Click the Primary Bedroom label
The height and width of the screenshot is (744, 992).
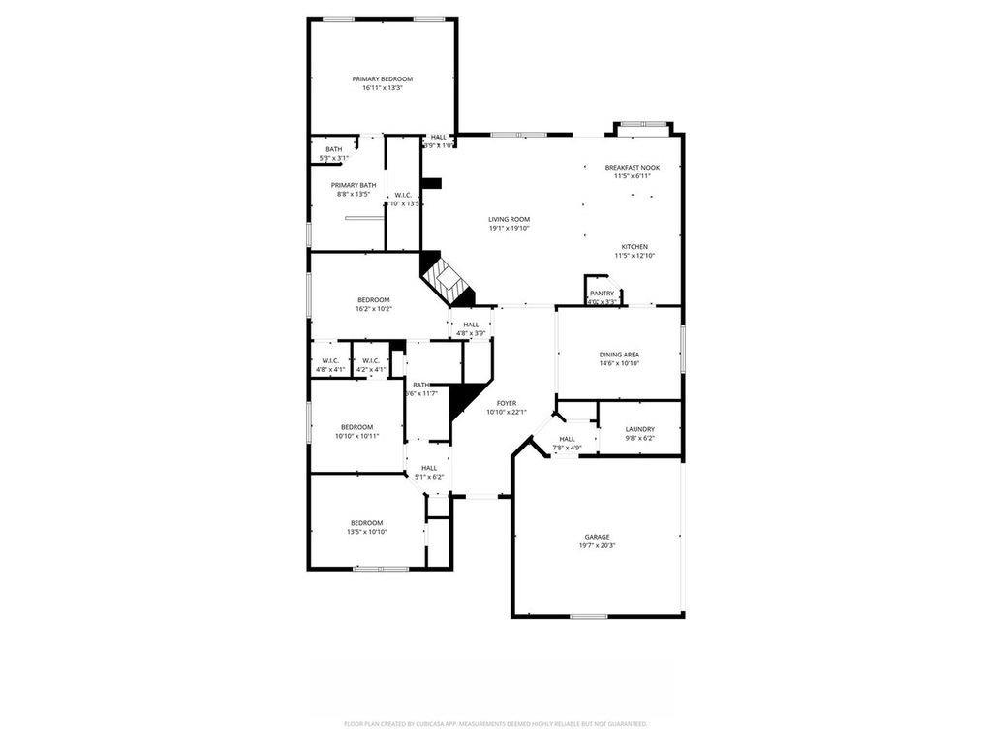coord(382,78)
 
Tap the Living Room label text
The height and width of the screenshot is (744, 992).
coord(509,219)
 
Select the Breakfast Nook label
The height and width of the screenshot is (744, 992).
coord(632,167)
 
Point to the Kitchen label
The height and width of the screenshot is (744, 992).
coord(635,246)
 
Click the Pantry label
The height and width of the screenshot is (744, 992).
coord(602,293)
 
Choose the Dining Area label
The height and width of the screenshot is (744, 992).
coord(619,355)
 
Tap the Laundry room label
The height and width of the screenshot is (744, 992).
coord(639,429)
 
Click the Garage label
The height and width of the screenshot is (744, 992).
coord(597,537)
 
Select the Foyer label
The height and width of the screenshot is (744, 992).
coord(507,403)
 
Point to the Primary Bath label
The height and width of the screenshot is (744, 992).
coord(354,185)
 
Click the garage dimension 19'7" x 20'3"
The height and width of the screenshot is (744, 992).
coord(597,545)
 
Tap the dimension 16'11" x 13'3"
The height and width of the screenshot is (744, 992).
coord(382,87)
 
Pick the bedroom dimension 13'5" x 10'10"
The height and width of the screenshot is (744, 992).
coord(367,532)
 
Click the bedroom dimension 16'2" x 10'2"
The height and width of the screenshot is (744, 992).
coord(373,309)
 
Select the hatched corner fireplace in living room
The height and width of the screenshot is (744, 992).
coord(447,279)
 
